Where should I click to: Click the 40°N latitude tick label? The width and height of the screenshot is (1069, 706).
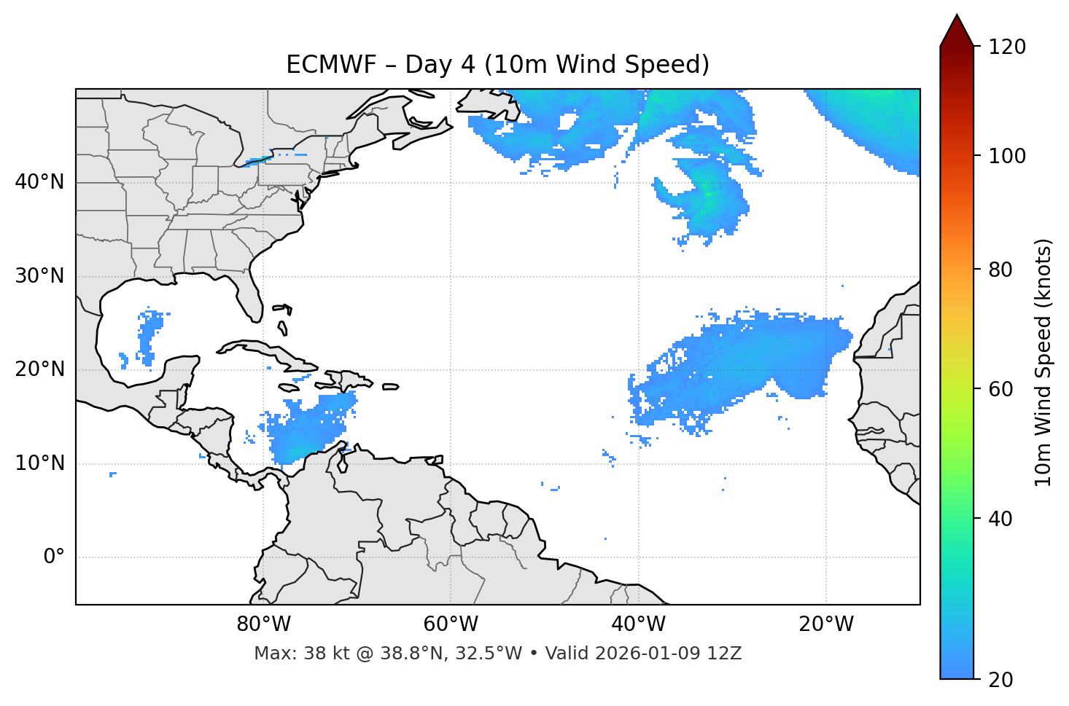click(39, 182)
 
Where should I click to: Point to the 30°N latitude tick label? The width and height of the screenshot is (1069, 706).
click(39, 276)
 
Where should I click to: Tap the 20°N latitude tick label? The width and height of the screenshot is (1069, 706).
click(39, 369)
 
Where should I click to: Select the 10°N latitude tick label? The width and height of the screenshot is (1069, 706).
click(39, 463)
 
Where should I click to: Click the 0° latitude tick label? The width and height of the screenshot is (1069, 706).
click(53, 557)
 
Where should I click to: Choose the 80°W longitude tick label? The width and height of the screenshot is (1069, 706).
click(263, 624)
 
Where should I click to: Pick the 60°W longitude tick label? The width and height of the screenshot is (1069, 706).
click(451, 624)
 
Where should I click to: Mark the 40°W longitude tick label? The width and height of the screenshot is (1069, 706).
click(638, 624)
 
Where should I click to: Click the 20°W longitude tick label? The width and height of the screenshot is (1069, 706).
click(826, 624)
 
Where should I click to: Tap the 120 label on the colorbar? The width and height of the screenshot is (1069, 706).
click(1007, 47)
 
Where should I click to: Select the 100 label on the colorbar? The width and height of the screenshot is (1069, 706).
click(1007, 156)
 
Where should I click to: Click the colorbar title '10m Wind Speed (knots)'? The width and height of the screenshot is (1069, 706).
click(1043, 362)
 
